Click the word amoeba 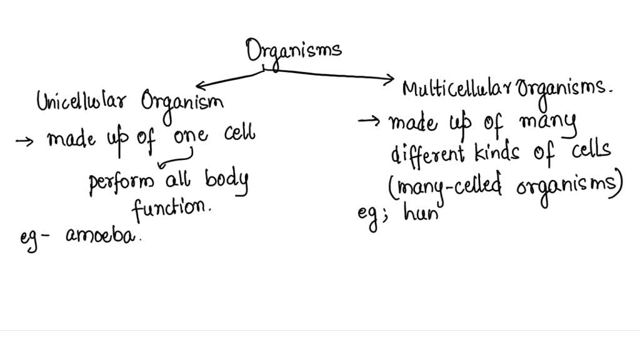pos(101,237)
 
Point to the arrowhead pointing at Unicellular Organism pos(199,86)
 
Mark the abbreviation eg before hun pos(369,216)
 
